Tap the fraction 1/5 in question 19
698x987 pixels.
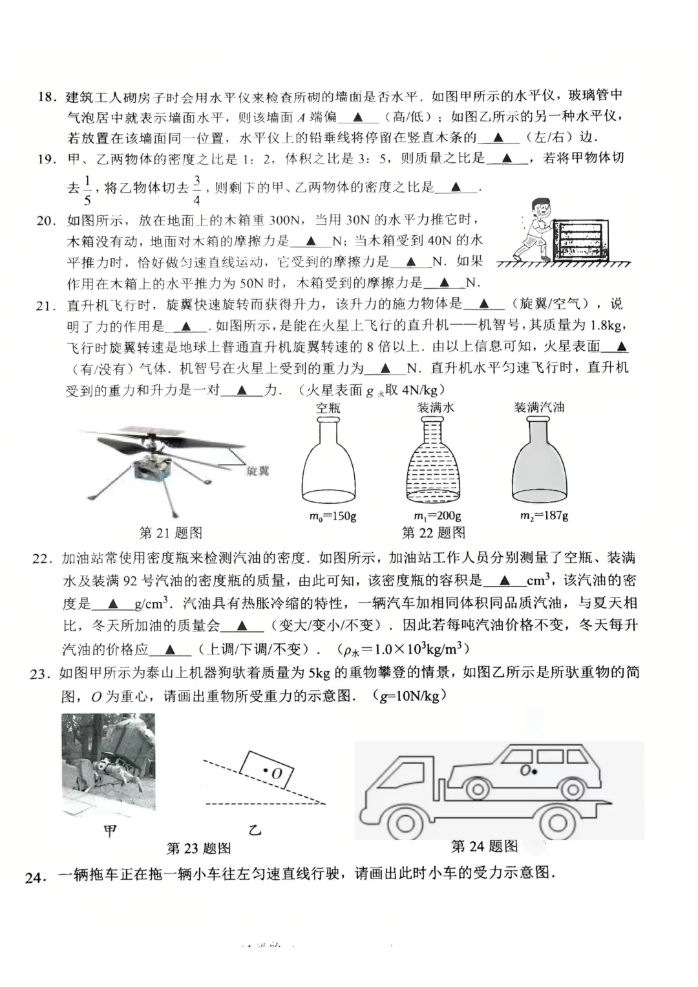pyautogui.click(x=87, y=188)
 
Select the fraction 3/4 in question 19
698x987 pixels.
pyautogui.click(x=196, y=188)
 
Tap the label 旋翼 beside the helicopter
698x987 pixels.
pyautogui.click(x=258, y=471)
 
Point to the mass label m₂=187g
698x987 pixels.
pyautogui.click(x=544, y=516)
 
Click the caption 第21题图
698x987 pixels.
pyautogui.click(x=171, y=533)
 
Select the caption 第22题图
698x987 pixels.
pyautogui.click(x=434, y=533)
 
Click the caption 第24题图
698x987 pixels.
pyautogui.click(x=484, y=846)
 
